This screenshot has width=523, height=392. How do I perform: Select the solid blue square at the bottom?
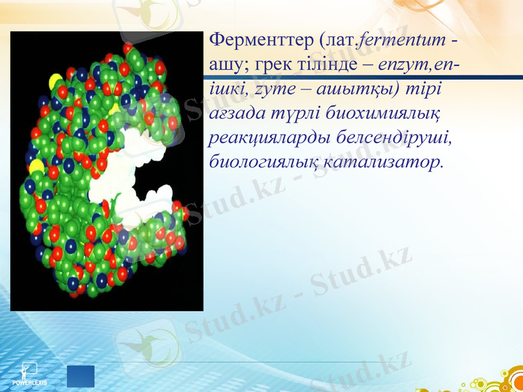[x=80, y=376]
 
